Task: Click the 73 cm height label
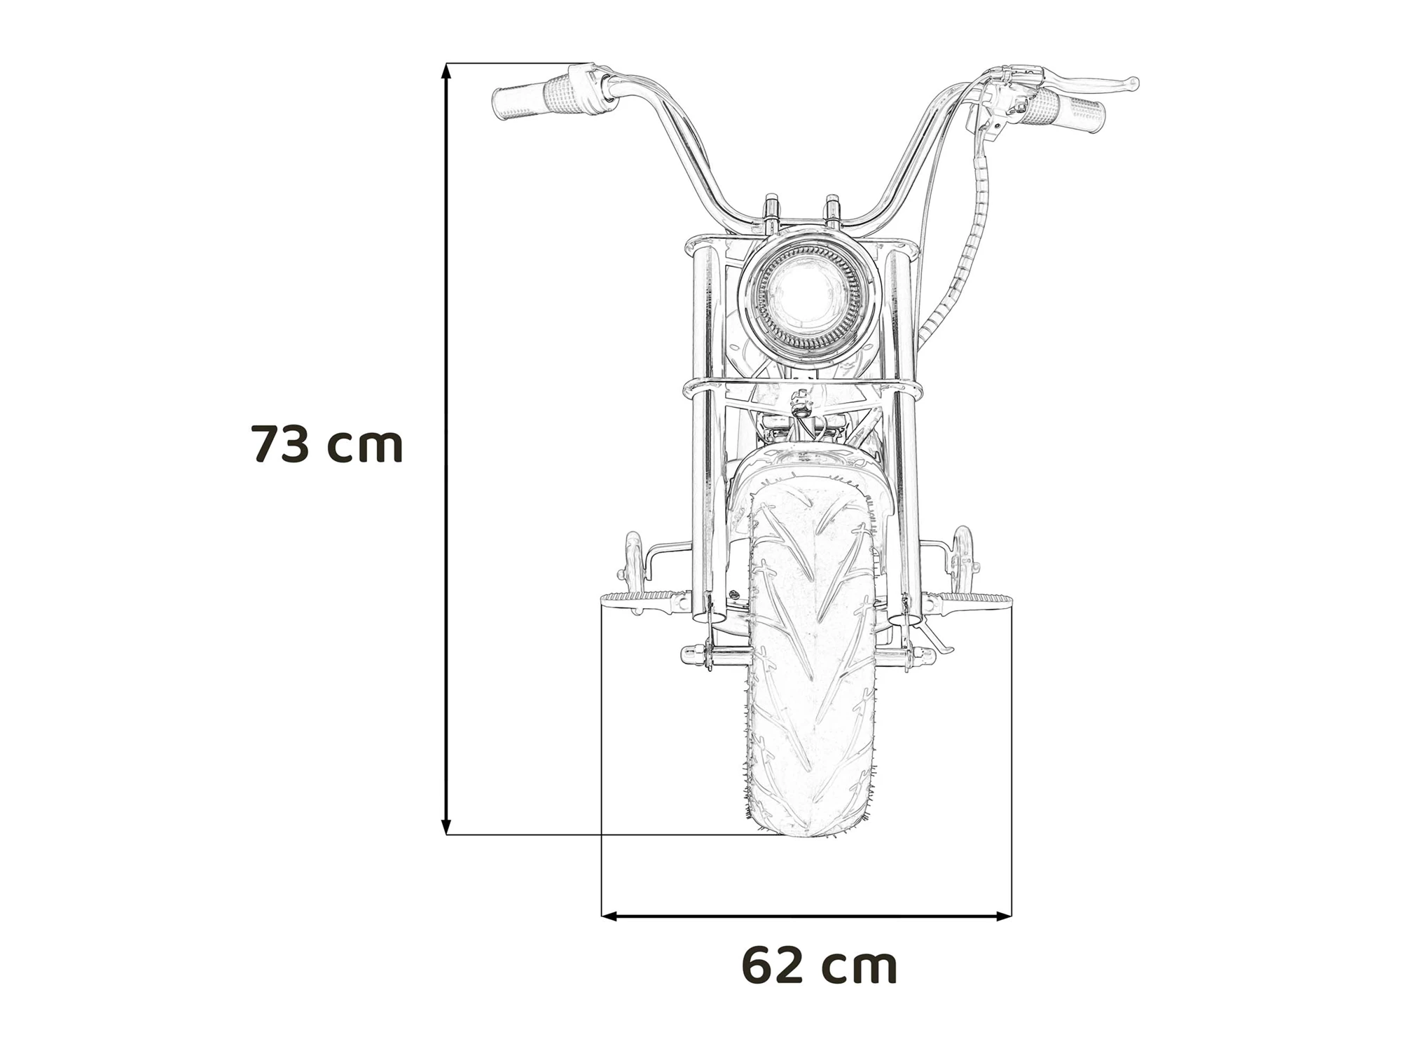coord(326,444)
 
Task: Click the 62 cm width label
coord(819,966)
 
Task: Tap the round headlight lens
coord(808,296)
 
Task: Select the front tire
coord(811,659)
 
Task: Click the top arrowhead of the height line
coord(446,70)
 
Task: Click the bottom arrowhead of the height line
coord(446,827)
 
